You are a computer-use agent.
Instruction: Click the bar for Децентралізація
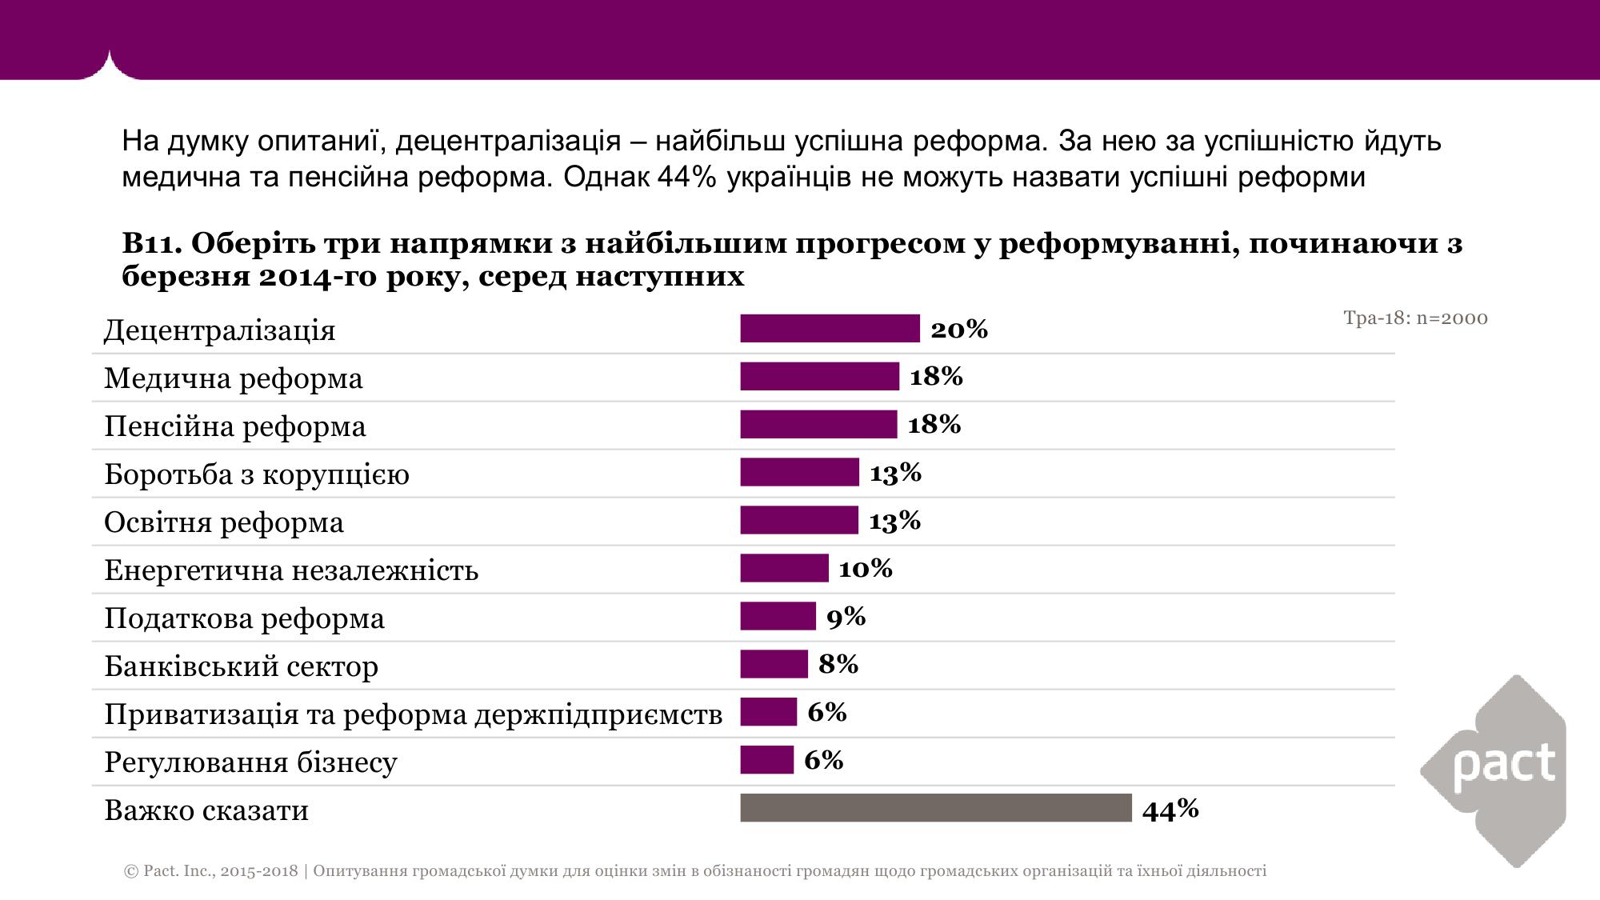830,329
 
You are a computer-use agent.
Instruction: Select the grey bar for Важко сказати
936,808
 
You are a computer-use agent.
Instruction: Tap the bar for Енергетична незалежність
784,568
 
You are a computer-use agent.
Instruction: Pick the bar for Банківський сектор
774,664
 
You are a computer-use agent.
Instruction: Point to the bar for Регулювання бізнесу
766,760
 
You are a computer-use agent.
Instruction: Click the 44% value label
1170,810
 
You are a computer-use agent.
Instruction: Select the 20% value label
959,329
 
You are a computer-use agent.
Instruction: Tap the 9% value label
846,617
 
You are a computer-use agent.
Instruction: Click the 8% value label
838,664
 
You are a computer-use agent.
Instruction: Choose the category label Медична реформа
234,378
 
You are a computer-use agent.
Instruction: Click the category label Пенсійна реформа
235,426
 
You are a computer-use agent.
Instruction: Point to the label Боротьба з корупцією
257,474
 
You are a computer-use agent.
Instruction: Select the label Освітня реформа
224,522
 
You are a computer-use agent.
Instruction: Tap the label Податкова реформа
244,618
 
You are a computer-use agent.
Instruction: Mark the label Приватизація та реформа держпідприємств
413,714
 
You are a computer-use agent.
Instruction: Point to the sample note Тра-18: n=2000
1415,318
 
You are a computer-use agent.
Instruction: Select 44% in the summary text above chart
686,177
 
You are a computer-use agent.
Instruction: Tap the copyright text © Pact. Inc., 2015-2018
211,871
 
